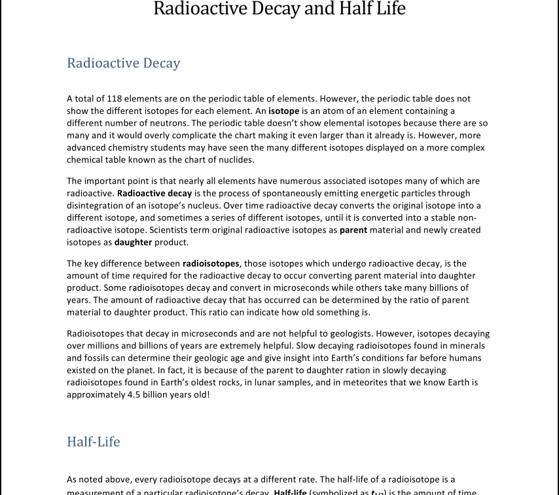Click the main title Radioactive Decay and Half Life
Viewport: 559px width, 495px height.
(279, 9)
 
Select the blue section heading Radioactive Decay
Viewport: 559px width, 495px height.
(123, 64)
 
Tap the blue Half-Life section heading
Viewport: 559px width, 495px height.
(94, 442)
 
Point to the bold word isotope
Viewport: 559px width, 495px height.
(283, 111)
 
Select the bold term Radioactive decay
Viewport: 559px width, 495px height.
(154, 193)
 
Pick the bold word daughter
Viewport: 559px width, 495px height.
(133, 242)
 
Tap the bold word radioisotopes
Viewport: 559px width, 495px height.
(211, 264)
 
